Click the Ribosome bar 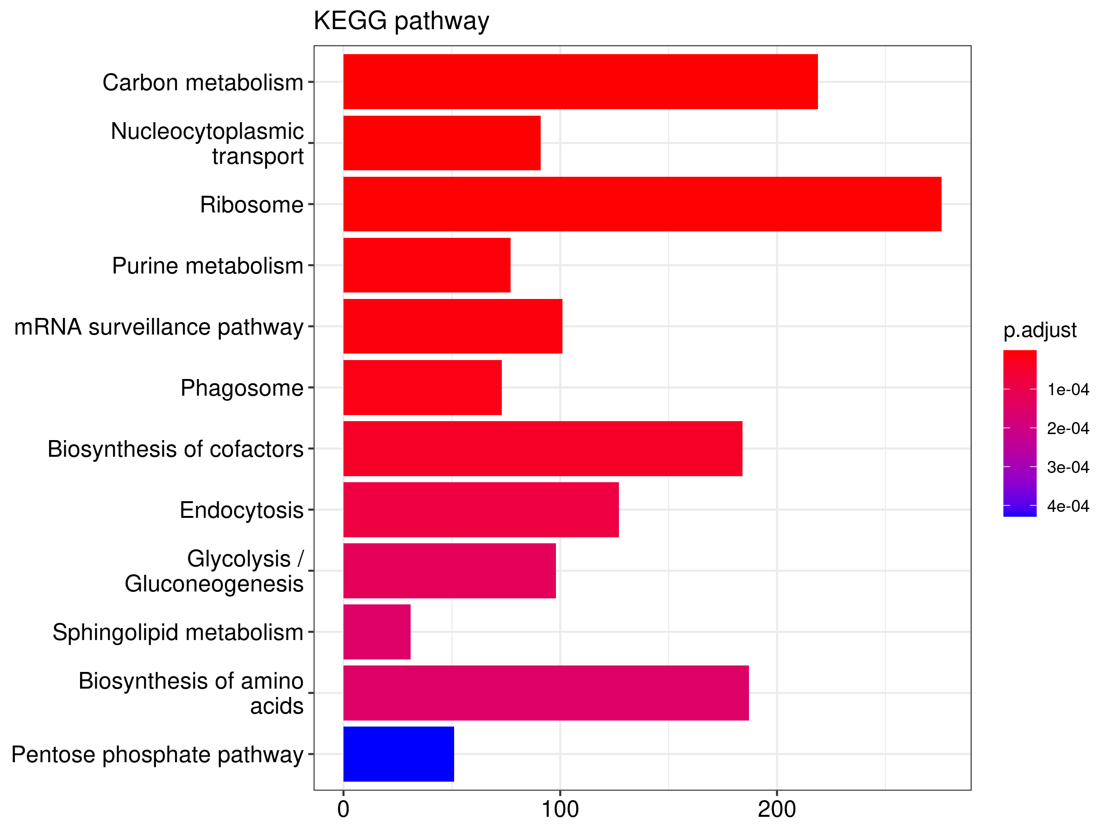pyautogui.click(x=642, y=204)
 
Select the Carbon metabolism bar pyautogui.click(x=580, y=81)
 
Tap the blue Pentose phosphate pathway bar pyautogui.click(x=398, y=754)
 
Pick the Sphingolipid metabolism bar pyautogui.click(x=377, y=632)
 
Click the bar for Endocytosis pyautogui.click(x=481, y=510)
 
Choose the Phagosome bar pyautogui.click(x=422, y=387)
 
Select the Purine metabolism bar pyautogui.click(x=426, y=265)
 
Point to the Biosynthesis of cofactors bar pyautogui.click(x=543, y=448)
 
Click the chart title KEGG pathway pyautogui.click(x=401, y=21)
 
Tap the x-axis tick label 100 pyautogui.click(x=560, y=809)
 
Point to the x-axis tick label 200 pyautogui.click(x=776, y=809)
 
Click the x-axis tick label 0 pyautogui.click(x=343, y=809)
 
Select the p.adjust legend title pyautogui.click(x=1040, y=330)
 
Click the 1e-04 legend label pyautogui.click(x=1068, y=389)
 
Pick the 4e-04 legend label pyautogui.click(x=1068, y=506)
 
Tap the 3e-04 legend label pyautogui.click(x=1068, y=467)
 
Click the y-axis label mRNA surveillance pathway pyautogui.click(x=159, y=327)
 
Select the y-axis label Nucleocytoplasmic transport pyautogui.click(x=207, y=143)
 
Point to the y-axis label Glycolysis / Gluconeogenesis pyautogui.click(x=214, y=572)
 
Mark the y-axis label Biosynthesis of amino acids pyautogui.click(x=191, y=693)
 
